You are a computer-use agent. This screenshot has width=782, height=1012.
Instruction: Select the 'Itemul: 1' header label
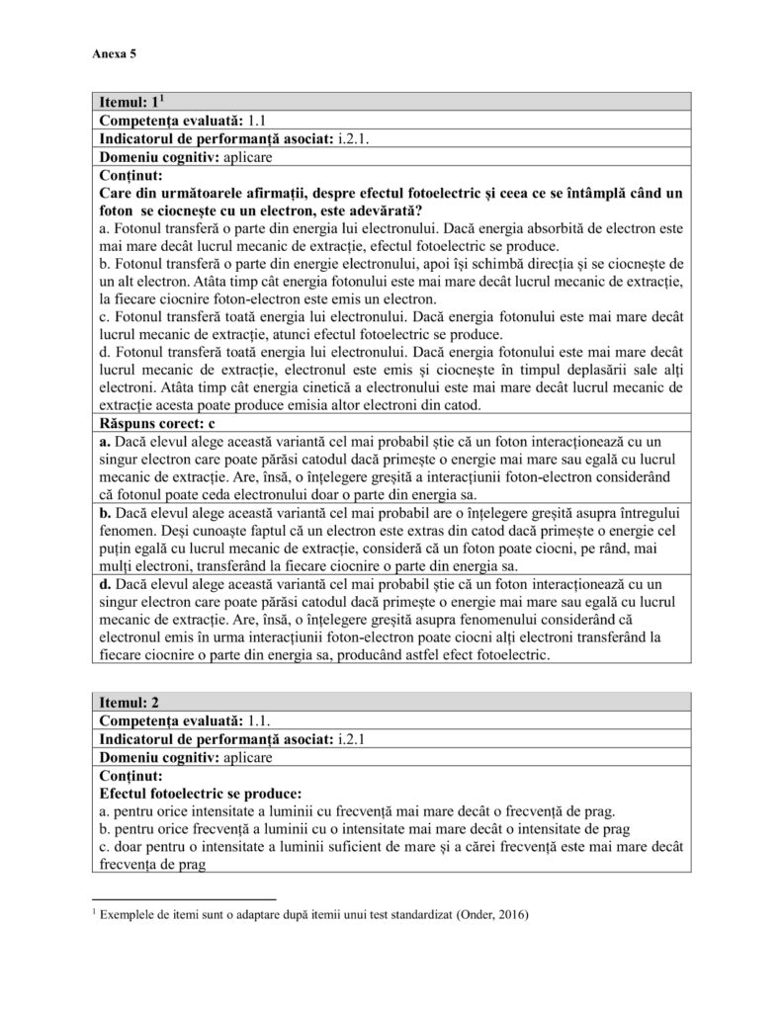[129, 103]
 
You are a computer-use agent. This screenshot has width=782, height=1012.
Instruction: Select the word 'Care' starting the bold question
[118, 192]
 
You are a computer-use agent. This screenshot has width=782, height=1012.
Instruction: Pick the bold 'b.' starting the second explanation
[107, 513]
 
